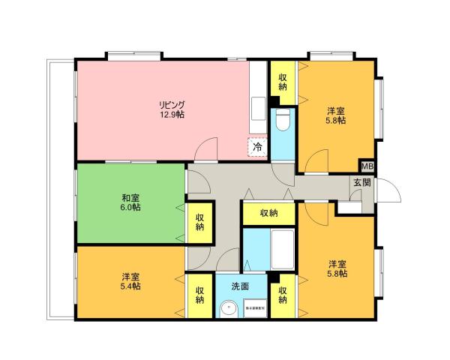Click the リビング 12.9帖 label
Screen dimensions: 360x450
pos(171,109)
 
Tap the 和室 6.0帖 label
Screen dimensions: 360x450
pos(130,203)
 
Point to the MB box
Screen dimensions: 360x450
pos(367,166)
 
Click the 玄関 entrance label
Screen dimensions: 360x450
pos(362,183)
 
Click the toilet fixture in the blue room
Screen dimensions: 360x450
pos(283,120)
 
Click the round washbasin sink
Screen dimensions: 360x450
pos(228,307)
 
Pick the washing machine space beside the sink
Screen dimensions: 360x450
pos(256,308)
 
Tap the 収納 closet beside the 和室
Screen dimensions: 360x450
pos(200,223)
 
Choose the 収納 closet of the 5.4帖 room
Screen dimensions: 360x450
pos(200,295)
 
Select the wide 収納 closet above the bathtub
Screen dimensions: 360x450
pos(268,213)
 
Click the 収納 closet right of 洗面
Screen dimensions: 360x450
pos(283,295)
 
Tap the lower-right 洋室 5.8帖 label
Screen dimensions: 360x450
pos(336,269)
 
